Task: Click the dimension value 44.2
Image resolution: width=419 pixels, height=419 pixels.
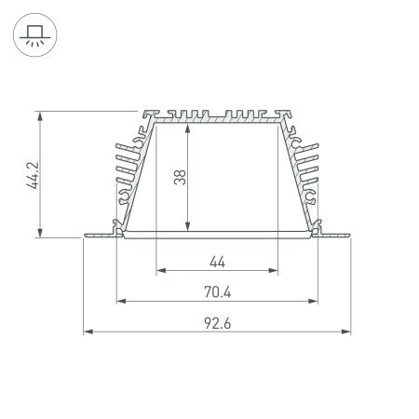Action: point(32,174)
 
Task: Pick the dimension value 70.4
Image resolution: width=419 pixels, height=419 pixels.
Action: point(216,291)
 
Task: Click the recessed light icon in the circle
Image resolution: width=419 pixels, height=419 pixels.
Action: point(34,34)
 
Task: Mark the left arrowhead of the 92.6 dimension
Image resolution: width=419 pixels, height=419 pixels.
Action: point(88,331)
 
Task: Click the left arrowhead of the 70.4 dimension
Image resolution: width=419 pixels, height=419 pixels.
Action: point(119,301)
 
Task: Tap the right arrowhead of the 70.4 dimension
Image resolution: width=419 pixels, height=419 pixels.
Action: point(314,301)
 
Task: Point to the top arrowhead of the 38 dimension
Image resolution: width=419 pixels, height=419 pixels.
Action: point(189,126)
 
